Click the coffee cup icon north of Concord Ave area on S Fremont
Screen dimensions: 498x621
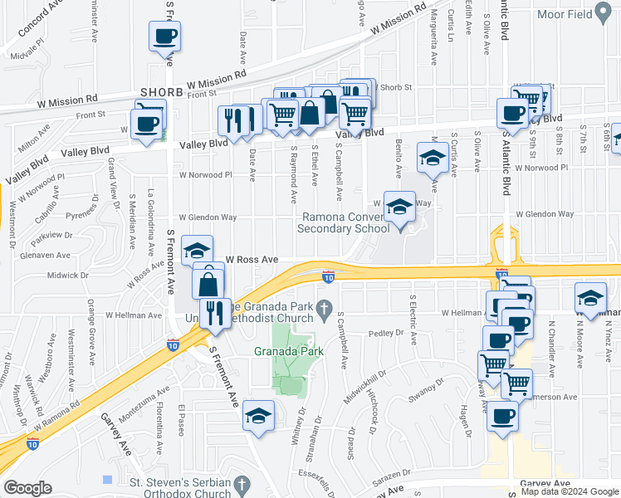click(x=164, y=37)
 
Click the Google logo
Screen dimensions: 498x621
click(x=28, y=488)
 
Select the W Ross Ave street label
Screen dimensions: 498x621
click(x=246, y=259)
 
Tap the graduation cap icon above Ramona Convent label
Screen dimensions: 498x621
click(x=399, y=207)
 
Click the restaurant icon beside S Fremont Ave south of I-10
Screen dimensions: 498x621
click(x=215, y=311)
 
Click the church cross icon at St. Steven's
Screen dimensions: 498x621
click(x=242, y=483)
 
